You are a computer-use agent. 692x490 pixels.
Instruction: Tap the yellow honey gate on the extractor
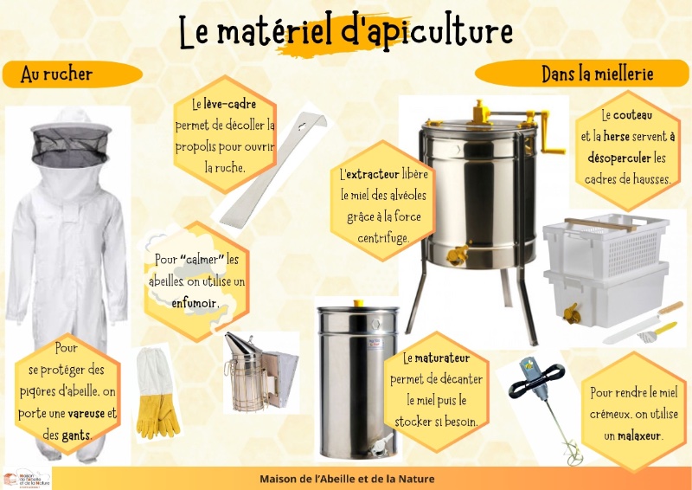458,255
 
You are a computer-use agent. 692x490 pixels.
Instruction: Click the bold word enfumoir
195,303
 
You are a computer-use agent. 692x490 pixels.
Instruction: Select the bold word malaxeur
639,436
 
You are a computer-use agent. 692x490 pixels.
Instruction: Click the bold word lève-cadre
230,104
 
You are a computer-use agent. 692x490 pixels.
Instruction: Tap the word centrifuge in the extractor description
383,239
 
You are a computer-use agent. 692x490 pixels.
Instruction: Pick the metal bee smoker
260,372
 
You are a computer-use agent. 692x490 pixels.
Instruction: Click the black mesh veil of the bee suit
70,146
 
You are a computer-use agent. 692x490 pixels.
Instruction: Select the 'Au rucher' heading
56,74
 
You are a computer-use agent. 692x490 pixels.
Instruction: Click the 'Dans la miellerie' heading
598,74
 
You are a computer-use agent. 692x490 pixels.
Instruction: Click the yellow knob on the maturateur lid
358,303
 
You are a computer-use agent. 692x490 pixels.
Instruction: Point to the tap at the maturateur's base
381,444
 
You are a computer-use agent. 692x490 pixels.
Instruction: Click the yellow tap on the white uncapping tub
572,313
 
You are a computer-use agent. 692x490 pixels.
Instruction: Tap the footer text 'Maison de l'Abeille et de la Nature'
347,479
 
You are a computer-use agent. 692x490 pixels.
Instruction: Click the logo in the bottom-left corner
26,479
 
